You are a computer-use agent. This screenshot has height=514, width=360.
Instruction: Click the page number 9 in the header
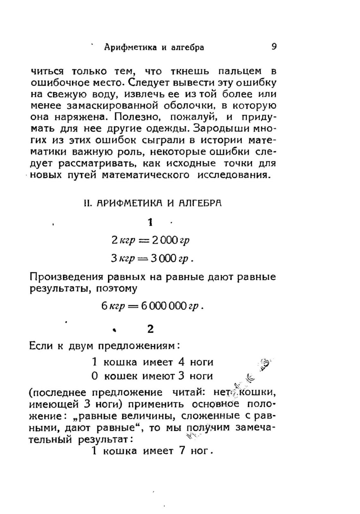tap(274, 47)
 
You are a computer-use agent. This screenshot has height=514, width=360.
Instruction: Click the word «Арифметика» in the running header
tap(130, 47)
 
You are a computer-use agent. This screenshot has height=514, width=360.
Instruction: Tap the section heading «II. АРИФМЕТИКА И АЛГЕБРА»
tap(153, 203)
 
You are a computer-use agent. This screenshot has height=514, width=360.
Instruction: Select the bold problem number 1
tap(151, 223)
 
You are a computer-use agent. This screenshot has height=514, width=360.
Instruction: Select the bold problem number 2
tap(151, 329)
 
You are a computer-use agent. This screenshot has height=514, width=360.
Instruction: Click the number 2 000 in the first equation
tap(165, 241)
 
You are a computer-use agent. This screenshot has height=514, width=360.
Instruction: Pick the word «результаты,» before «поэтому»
tap(58, 289)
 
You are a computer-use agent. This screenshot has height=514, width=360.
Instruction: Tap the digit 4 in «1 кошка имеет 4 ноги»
tap(181, 362)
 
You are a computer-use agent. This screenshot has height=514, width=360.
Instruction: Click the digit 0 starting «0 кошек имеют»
tap(95, 376)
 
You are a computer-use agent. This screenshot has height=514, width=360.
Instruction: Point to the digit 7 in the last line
tap(182, 451)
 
